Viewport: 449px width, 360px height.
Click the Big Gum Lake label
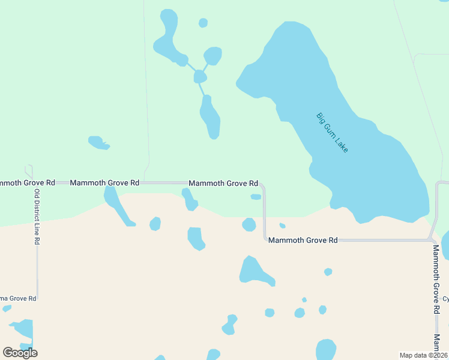tap(332, 132)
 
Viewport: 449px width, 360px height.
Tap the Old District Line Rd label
tap(37, 217)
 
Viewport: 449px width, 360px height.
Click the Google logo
tap(20, 353)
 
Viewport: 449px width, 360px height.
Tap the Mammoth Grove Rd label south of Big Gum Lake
tap(303, 240)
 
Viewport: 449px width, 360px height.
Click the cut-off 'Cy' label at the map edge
tap(445, 299)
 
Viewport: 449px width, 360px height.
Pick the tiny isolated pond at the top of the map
tap(203, 23)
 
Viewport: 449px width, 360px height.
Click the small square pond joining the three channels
tap(200, 76)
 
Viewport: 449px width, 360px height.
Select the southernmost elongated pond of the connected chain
tap(211, 117)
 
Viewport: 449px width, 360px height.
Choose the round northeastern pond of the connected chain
tap(213, 55)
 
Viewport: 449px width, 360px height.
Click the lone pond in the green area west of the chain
tap(98, 143)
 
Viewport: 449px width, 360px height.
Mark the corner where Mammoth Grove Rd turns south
tap(263, 185)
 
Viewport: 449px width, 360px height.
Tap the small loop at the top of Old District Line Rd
tap(28, 171)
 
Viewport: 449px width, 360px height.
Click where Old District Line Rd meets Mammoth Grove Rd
tap(37, 182)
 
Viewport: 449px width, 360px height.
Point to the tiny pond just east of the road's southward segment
tap(282, 226)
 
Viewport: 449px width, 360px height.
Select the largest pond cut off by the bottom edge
tap(325, 350)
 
